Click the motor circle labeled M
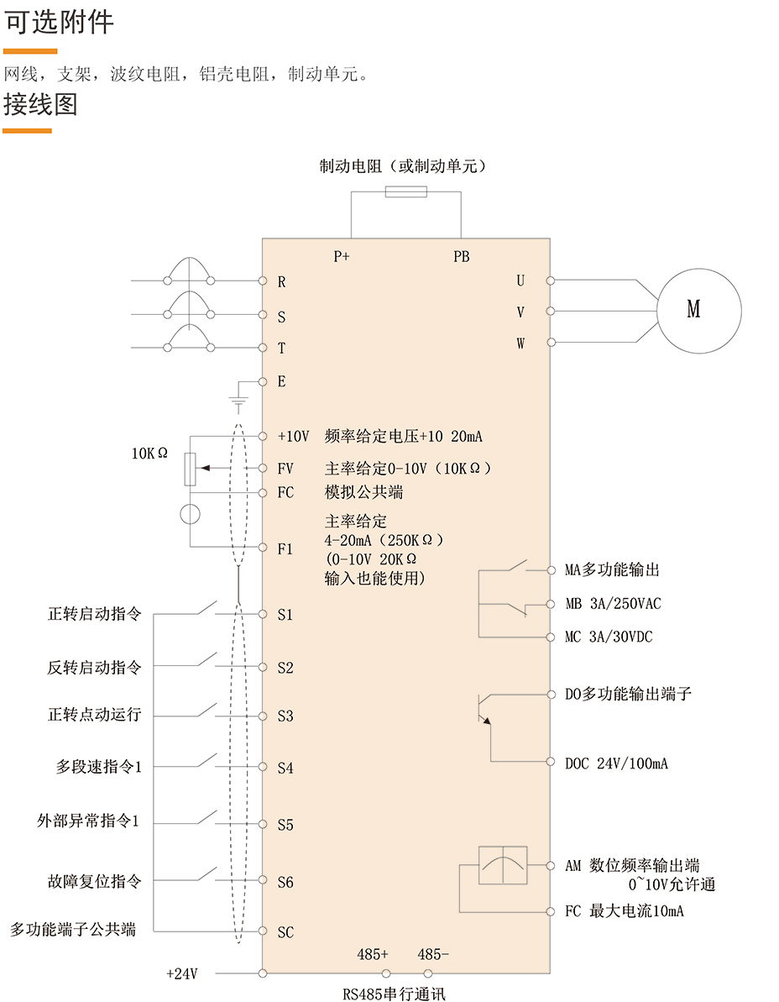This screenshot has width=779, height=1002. [698, 310]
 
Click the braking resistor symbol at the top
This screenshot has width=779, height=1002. [405, 192]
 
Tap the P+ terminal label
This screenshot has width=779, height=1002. [341, 257]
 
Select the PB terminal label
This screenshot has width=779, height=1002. [462, 257]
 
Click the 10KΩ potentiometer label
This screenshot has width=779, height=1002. [149, 453]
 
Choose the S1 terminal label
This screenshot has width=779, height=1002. [285, 615]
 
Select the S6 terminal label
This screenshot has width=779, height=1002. [285, 882]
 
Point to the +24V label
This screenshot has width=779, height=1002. [182, 974]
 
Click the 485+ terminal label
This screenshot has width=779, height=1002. [373, 954]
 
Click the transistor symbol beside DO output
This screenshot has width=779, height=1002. [484, 708]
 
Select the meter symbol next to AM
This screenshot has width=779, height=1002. [503, 865]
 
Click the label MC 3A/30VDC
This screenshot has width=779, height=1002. [608, 637]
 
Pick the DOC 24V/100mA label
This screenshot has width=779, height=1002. [616, 763]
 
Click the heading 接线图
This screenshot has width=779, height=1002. [40, 105]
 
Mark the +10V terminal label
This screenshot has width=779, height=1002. [294, 437]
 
